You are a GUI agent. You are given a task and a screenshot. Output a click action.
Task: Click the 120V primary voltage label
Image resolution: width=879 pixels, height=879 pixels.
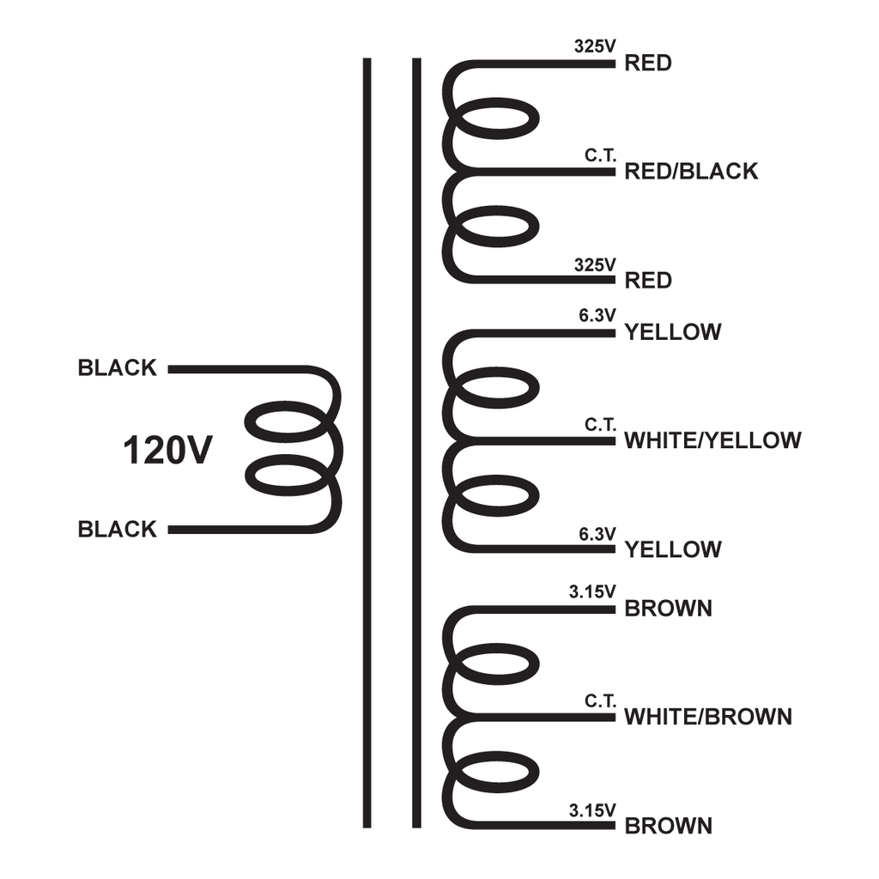167,450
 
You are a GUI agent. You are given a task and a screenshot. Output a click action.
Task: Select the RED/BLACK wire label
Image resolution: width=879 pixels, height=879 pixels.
691,171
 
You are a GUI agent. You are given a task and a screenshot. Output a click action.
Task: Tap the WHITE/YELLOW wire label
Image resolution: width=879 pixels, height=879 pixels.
712,440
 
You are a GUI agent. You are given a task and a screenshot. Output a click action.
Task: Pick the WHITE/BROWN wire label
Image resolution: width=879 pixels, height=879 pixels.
708,717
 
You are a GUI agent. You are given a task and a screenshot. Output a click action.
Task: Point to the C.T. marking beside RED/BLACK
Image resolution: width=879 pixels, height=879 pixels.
600,155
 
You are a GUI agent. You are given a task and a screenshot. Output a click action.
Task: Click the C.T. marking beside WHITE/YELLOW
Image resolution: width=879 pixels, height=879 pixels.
600,425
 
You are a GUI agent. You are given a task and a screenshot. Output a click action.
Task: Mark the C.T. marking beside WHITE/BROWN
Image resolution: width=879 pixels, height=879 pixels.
600,700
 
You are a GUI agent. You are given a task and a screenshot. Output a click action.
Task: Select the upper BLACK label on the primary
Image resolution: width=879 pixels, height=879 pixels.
117,367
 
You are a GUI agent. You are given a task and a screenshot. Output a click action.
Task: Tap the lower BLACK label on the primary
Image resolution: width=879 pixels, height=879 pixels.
117,529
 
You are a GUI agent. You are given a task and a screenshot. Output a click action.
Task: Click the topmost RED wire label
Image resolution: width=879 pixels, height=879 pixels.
648,63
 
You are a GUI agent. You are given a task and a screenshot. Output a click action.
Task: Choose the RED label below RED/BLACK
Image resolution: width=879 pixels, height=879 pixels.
648,281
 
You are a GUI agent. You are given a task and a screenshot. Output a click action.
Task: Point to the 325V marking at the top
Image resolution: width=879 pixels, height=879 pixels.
595,46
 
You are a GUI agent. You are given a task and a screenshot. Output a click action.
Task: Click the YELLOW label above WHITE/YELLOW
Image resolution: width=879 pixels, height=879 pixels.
673,332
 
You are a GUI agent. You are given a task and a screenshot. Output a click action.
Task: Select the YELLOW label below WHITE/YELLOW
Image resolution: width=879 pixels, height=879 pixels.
673,549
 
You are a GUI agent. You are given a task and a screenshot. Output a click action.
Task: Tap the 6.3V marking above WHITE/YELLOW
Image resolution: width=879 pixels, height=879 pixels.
597,316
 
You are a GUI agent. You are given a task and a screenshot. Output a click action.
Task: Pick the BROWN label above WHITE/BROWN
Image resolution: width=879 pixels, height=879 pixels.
668,609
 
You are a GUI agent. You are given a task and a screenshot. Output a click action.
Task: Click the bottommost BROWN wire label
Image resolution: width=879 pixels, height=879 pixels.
668,826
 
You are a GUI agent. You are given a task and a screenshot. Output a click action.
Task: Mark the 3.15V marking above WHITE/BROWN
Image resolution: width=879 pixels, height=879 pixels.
592,592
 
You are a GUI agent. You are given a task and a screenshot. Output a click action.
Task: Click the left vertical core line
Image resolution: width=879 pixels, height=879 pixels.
367,443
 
